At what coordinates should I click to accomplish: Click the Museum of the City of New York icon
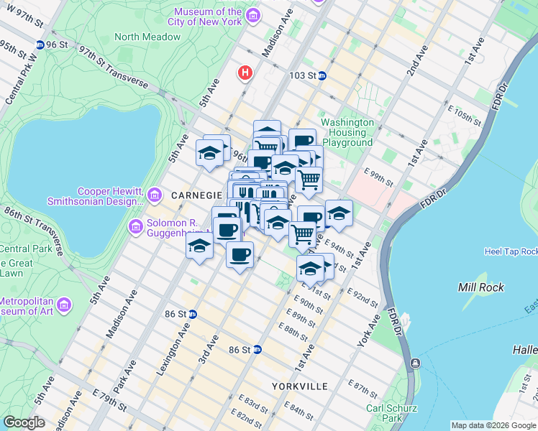pos(252,15)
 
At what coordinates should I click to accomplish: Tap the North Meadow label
pos(147,37)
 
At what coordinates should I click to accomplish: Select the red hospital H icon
pos(245,73)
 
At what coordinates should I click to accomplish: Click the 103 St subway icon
pos(322,75)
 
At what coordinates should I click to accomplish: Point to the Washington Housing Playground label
pos(347,132)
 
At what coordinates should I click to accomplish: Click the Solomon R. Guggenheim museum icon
pos(135,227)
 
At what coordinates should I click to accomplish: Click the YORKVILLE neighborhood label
pos(300,386)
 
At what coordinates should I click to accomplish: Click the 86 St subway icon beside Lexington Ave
pos(193,314)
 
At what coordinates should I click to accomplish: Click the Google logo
pos(24,422)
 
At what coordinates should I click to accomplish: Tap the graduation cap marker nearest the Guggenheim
pos(199,246)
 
